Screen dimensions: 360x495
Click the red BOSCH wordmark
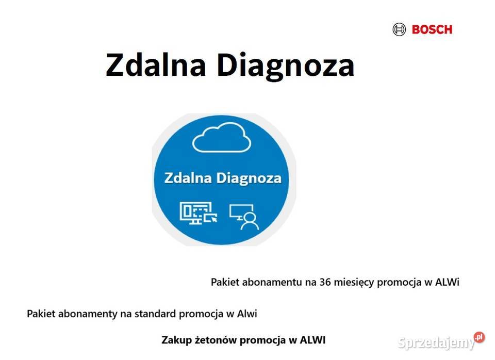432,29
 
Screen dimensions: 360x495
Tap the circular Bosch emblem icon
400,29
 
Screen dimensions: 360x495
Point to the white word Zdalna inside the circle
187,178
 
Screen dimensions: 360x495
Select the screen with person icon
244,216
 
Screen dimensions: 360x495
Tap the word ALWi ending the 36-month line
447,282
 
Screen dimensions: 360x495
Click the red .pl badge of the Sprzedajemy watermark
479,337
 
